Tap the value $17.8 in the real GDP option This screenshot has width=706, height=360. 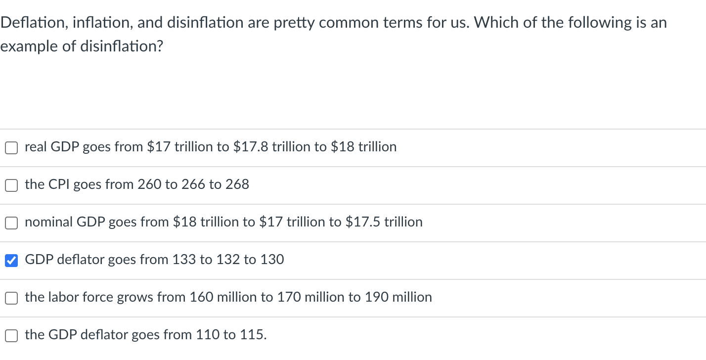(251, 147)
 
